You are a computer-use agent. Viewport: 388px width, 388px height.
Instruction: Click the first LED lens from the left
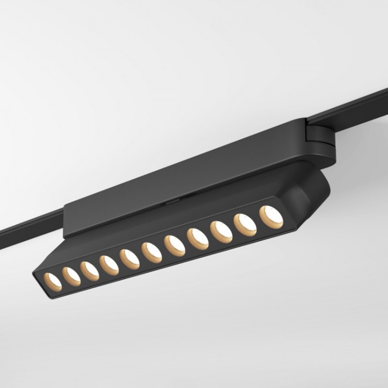53,281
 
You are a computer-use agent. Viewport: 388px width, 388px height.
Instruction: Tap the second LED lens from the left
71,276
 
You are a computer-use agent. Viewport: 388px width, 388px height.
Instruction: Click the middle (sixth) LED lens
152,252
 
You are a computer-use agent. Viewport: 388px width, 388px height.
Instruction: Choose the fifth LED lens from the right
174,246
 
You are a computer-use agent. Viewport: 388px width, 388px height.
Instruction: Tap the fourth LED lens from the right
198,239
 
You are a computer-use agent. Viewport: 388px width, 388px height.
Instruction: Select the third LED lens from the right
221,232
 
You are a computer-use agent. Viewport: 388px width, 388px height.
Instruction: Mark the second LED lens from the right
245,225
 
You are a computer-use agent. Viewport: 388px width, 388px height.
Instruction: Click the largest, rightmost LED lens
271,217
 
